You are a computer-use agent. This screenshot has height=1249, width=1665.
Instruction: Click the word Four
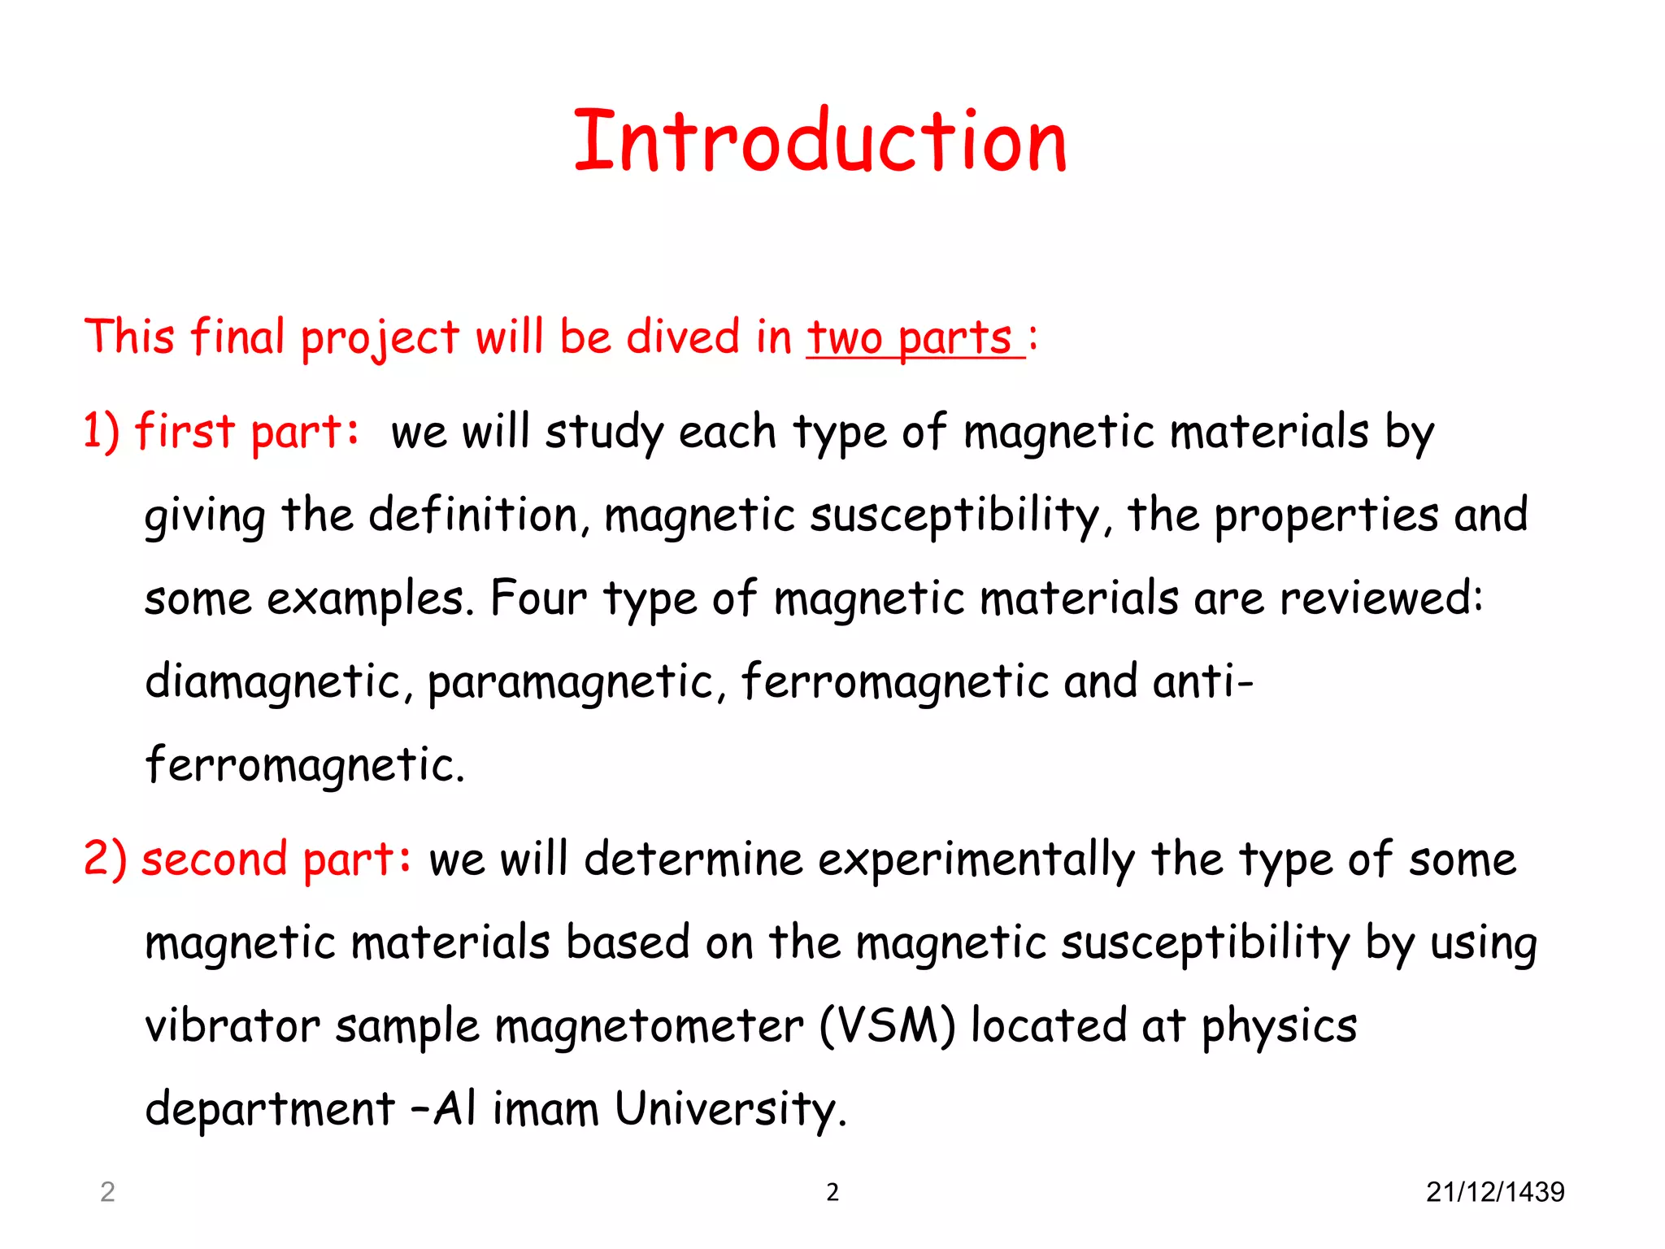coord(538,598)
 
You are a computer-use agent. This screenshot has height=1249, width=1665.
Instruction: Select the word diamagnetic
coord(273,682)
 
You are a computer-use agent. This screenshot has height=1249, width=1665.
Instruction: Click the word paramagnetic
coord(569,682)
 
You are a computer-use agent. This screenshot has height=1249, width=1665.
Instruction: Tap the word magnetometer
coord(649,1026)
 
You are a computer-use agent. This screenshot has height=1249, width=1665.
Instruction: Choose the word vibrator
coord(232,1026)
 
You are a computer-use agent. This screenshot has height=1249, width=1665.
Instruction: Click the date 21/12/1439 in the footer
coord(1494,1192)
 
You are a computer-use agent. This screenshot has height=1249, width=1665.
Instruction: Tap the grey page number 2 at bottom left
coord(107,1192)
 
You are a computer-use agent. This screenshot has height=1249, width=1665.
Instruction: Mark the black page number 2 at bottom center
coord(832,1192)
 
